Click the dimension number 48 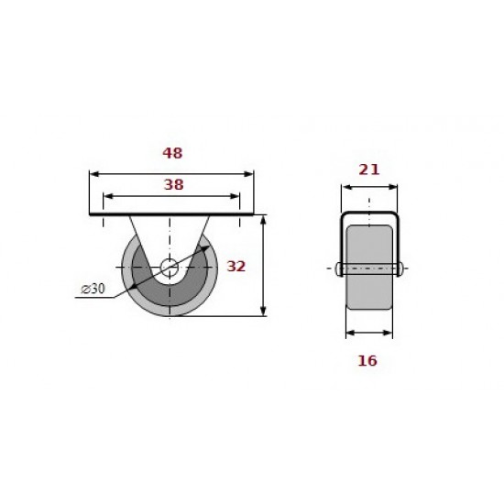[x=172, y=153]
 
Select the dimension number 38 [x=173, y=184]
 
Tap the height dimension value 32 [x=236, y=266]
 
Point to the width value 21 [x=369, y=170]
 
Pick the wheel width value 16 [x=367, y=361]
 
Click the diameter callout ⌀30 [x=93, y=289]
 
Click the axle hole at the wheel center [x=170, y=268]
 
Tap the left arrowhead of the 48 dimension [x=93, y=174]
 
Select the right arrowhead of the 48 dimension [x=249, y=174]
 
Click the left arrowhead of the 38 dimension [x=108, y=196]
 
